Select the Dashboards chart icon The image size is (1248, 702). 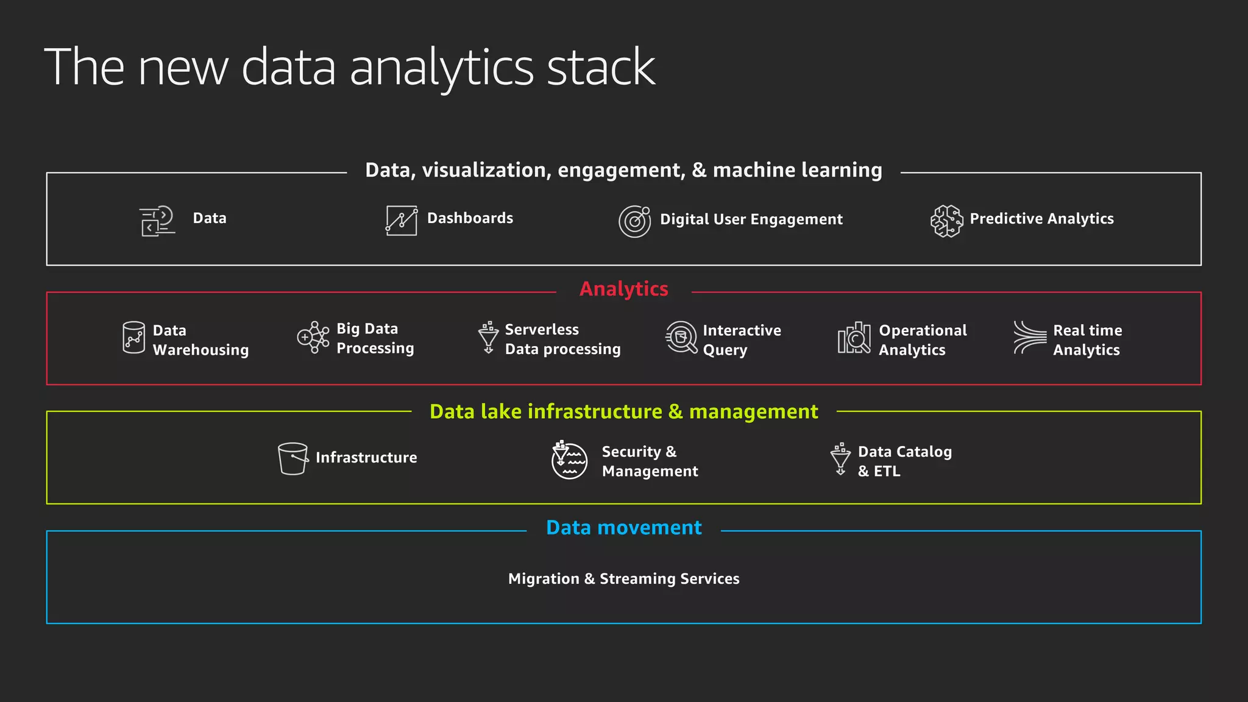[402, 220]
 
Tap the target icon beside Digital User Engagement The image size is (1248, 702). [634, 221]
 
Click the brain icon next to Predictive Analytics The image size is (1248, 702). [946, 221]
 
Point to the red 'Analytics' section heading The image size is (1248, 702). [623, 289]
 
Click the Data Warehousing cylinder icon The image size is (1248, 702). [133, 338]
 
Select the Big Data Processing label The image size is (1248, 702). [375, 338]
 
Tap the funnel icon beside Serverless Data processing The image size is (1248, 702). [488, 338]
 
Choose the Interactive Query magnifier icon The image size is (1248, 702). [681, 338]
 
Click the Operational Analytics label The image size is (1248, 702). [922, 340]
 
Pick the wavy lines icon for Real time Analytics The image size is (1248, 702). [1029, 338]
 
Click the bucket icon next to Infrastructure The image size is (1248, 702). [292, 458]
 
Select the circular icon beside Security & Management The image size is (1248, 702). [569, 460]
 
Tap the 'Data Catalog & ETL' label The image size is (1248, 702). [904, 461]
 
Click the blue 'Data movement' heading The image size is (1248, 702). [623, 528]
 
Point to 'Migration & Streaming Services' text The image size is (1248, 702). [623, 579]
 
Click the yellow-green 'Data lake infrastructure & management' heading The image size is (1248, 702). [623, 412]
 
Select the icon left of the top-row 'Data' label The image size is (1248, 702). [157, 221]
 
